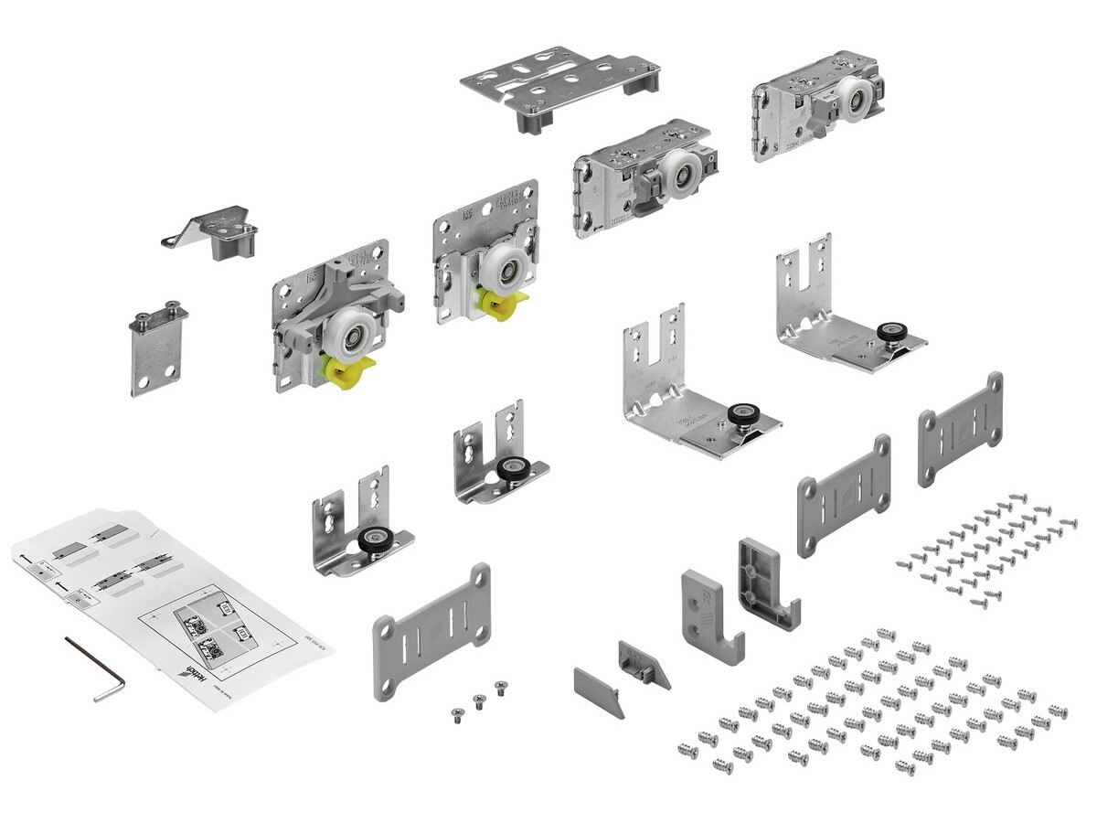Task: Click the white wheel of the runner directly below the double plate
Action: pos(679,173)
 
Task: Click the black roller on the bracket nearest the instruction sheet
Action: pos(373,540)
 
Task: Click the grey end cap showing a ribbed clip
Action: pos(644,660)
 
